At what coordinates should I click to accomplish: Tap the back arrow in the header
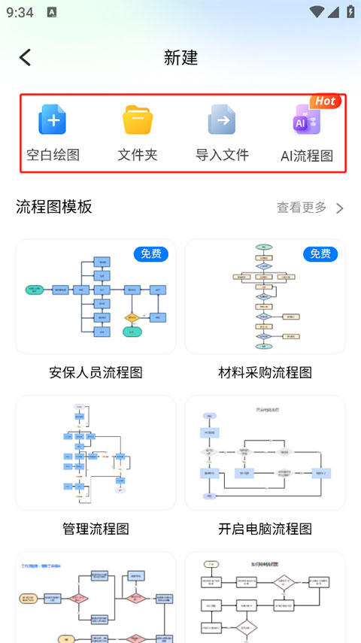(x=26, y=58)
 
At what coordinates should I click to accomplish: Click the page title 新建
(x=180, y=58)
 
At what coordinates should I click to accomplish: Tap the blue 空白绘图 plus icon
(x=53, y=120)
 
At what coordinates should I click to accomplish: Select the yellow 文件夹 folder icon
(x=138, y=120)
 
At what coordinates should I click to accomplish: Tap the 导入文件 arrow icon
(x=222, y=120)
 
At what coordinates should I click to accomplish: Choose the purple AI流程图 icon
(x=306, y=121)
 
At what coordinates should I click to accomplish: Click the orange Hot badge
(x=325, y=101)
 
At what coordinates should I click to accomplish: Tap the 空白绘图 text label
(x=53, y=156)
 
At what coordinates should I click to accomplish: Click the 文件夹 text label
(x=138, y=156)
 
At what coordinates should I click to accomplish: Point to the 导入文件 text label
(x=222, y=156)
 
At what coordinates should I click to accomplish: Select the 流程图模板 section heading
(x=54, y=207)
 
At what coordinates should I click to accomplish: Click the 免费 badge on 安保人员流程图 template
(x=151, y=253)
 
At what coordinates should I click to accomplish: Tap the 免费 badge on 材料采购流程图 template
(x=320, y=253)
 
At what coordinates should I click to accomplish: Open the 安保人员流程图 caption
(x=96, y=372)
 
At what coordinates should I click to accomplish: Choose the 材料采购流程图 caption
(x=265, y=372)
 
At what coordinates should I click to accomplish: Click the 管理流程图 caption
(x=96, y=529)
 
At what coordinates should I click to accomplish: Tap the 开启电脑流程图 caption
(x=265, y=529)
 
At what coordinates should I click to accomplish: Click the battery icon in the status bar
(x=350, y=12)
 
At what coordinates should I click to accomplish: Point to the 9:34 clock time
(x=20, y=12)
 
